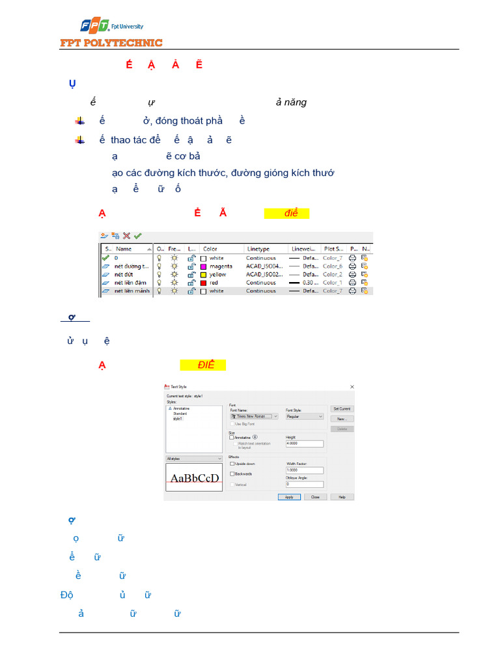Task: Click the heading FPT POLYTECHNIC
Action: pos(111,43)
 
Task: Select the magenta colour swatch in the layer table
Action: pos(204,266)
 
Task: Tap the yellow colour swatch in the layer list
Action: pos(204,274)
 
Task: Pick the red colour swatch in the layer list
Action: pos(204,283)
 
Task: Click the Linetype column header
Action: pos(258,249)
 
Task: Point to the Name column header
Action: pos(124,249)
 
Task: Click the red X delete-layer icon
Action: pos(127,236)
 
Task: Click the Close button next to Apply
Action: pos(315,497)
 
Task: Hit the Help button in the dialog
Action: pos(342,497)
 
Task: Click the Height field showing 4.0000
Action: pos(304,444)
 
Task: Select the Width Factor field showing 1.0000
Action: pos(304,470)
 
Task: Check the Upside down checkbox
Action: pos(232,464)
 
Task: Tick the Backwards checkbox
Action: pos(232,474)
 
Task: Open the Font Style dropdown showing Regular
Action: pos(304,416)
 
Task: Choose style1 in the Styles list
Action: pos(178,418)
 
